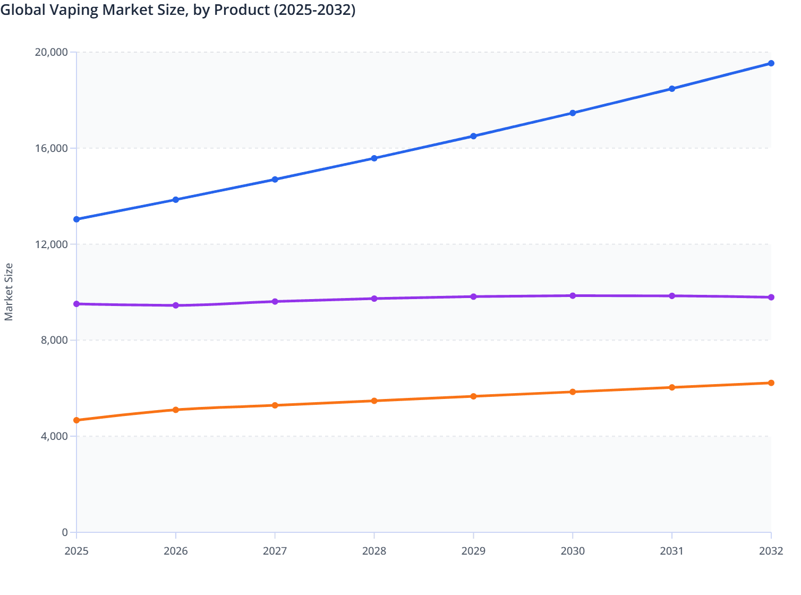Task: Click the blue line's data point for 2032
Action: [x=771, y=63]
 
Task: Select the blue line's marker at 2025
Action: [x=76, y=219]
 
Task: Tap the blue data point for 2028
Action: [x=374, y=158]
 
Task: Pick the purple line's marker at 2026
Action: [x=176, y=305]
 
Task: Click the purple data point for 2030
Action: [x=573, y=296]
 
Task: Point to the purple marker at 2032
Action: [x=771, y=297]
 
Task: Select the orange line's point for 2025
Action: [x=76, y=420]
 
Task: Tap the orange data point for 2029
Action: [x=473, y=396]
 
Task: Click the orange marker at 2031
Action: [x=672, y=387]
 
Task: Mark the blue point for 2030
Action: [x=573, y=113]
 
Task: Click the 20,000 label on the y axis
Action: [x=51, y=52]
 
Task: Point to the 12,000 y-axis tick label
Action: [x=51, y=244]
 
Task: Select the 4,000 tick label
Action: [x=54, y=436]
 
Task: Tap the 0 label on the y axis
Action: [x=65, y=532]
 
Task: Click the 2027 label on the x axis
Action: [x=275, y=551]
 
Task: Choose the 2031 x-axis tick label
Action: [x=672, y=551]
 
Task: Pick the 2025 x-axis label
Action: [x=76, y=551]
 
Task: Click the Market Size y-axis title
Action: [x=8, y=292]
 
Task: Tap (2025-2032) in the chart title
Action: [x=314, y=10]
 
